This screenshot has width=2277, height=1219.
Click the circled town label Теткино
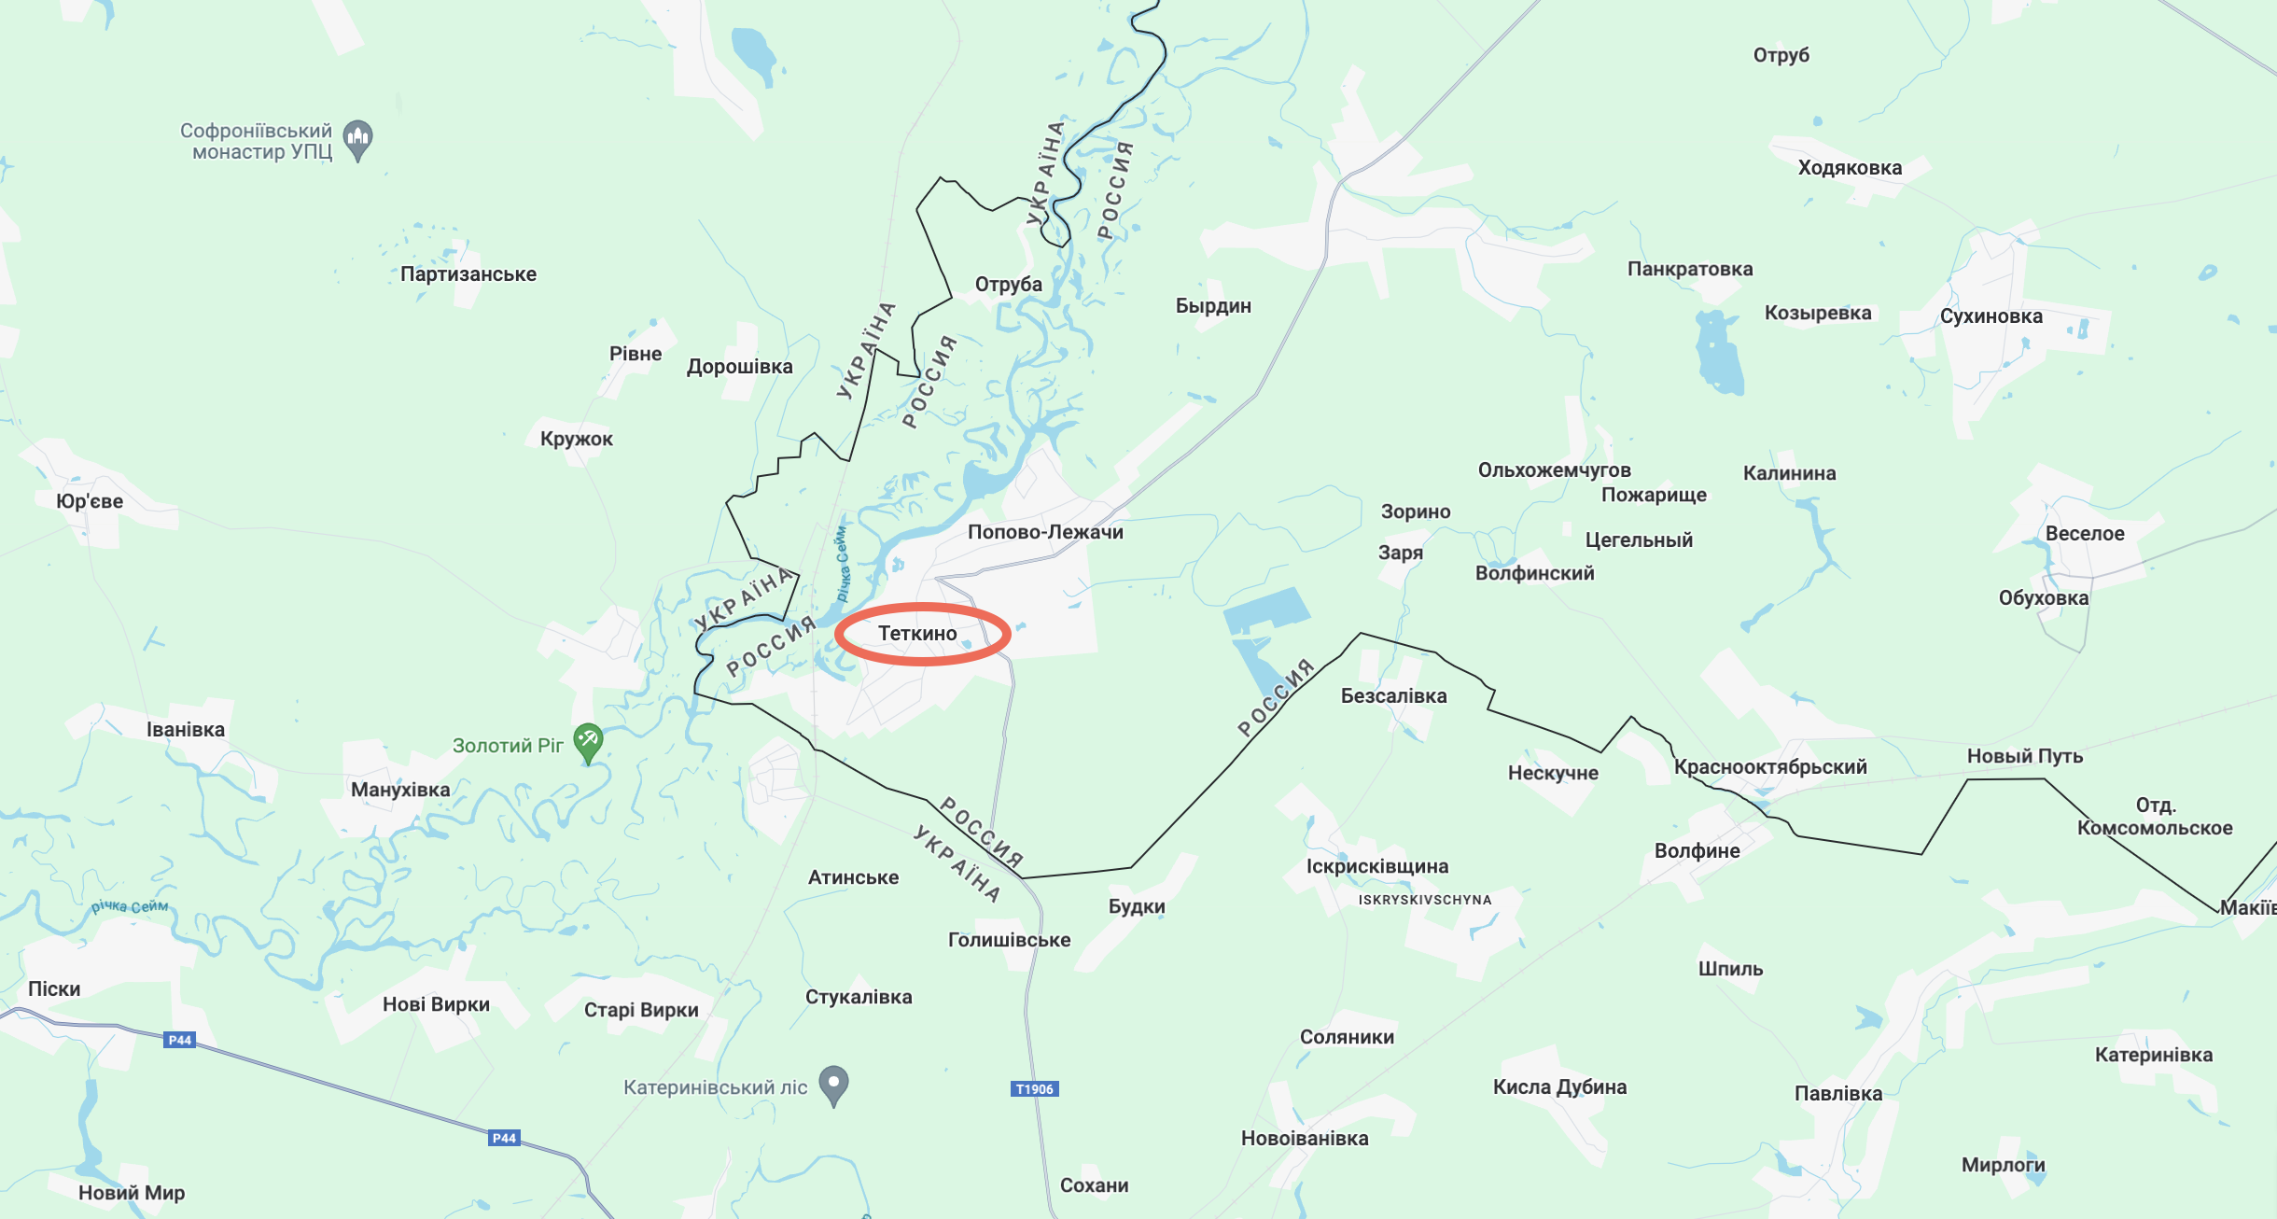point(918,634)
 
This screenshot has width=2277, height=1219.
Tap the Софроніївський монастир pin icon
point(358,139)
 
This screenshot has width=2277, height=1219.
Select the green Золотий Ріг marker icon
point(588,742)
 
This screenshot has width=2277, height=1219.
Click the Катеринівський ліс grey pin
point(833,1085)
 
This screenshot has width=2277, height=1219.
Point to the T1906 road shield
point(1034,1088)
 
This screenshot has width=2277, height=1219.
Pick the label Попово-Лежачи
point(1045,532)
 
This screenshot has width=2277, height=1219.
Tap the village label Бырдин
point(1213,306)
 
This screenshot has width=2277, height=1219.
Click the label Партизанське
point(468,274)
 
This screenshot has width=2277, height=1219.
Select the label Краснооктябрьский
point(1770,767)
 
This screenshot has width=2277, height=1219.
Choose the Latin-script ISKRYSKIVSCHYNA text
point(1425,900)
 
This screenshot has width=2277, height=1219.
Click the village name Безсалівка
point(1393,695)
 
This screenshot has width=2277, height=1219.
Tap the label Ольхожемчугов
point(1554,470)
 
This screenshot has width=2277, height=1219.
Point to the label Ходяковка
point(1850,168)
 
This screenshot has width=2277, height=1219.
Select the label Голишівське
point(1009,940)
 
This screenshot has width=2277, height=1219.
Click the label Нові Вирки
point(436,1004)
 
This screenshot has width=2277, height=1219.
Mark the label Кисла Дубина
point(1559,1086)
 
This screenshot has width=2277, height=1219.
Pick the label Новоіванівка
point(1305,1138)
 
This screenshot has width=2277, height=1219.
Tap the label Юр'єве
point(90,501)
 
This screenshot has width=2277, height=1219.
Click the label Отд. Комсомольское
point(2155,817)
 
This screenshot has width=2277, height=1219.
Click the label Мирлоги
point(2003,1165)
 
